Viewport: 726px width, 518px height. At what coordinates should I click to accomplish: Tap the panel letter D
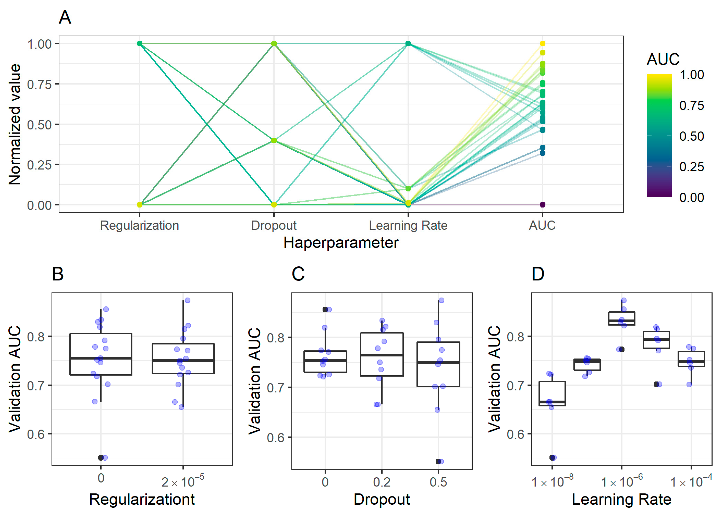538,274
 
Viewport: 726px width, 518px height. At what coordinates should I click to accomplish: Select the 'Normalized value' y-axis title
15,124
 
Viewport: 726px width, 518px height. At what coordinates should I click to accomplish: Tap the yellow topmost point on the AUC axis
543,43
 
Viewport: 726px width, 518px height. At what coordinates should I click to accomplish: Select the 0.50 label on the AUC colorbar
691,136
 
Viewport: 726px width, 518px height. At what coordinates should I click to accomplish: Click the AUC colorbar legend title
663,59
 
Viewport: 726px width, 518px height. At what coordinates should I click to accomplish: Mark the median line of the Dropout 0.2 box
382,355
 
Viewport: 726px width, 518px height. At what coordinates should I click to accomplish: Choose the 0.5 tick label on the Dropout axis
438,482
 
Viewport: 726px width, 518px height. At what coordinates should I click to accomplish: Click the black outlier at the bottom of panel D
552,458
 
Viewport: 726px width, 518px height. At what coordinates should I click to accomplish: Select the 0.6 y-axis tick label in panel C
275,438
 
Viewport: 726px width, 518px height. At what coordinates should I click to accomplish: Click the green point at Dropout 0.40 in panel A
274,140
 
